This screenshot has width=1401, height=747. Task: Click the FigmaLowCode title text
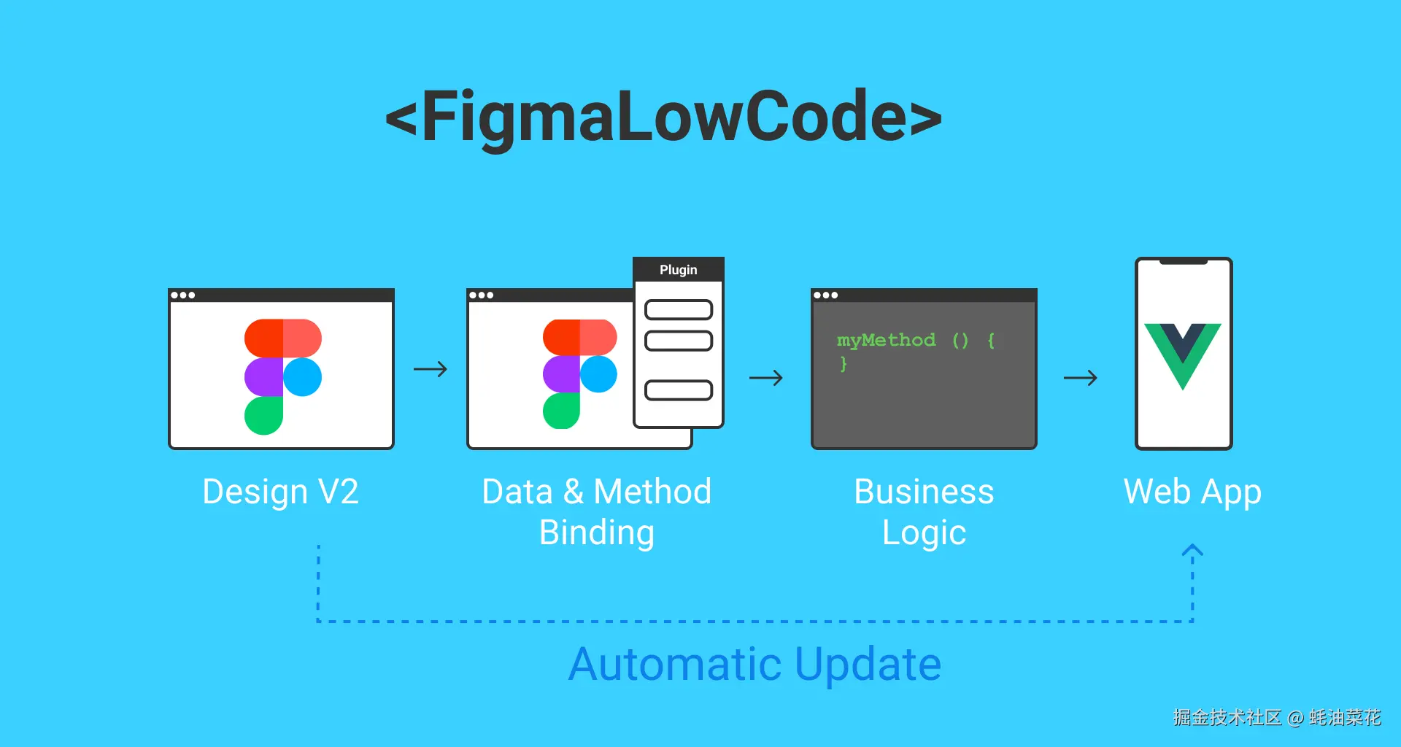[663, 117]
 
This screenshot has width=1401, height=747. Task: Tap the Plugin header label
[679, 270]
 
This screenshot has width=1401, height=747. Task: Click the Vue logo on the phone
[1182, 354]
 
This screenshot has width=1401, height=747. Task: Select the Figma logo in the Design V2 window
[282, 376]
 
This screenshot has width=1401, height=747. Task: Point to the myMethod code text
[886, 340]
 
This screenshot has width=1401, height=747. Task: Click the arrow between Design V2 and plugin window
[431, 369]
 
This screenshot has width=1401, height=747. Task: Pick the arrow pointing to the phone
[1081, 378]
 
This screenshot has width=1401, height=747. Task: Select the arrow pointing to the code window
[766, 378]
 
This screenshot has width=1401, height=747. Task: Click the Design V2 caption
[281, 492]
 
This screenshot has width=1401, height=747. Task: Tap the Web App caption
[1192, 492]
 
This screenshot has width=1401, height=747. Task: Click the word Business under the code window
[924, 492]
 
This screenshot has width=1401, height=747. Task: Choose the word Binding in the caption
[597, 533]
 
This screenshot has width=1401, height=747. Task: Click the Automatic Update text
[755, 664]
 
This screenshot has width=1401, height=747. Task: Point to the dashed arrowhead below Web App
[1192, 550]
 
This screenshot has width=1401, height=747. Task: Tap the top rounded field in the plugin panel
[679, 310]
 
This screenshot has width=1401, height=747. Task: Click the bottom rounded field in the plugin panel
[679, 390]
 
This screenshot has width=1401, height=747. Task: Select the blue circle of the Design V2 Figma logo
[303, 376]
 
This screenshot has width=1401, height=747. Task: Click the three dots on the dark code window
[826, 295]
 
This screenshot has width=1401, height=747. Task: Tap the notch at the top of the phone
[1184, 261]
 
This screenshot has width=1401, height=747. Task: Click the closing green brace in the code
[844, 363]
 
